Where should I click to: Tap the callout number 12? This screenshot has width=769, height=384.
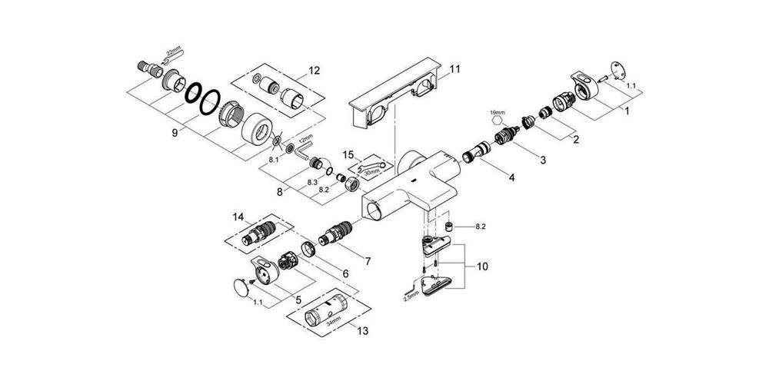click(314, 71)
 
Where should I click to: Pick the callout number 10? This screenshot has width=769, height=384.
click(482, 267)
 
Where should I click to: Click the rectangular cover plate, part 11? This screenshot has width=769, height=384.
click(390, 101)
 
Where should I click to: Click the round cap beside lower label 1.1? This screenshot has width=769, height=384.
click(241, 290)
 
